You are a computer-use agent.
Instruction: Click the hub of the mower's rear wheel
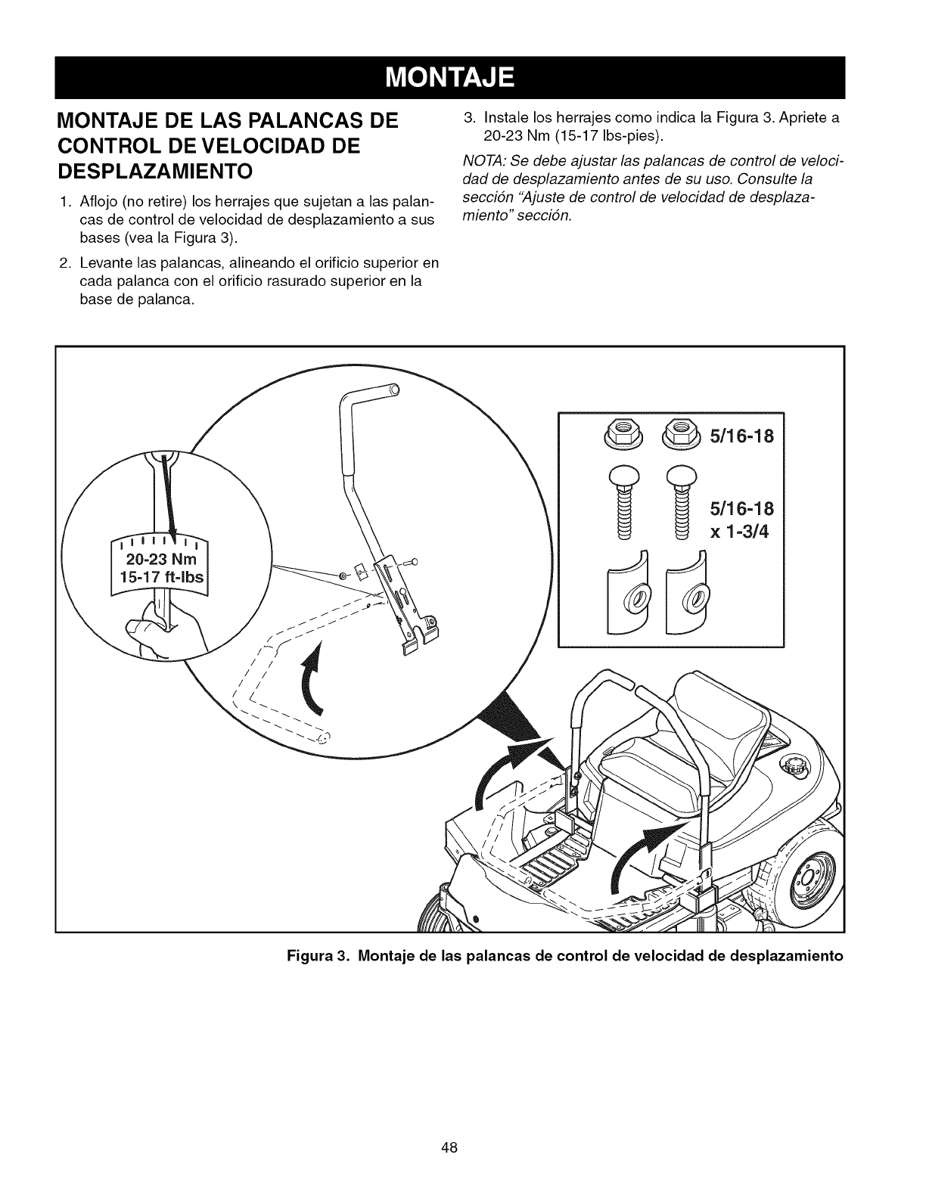tap(811, 877)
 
